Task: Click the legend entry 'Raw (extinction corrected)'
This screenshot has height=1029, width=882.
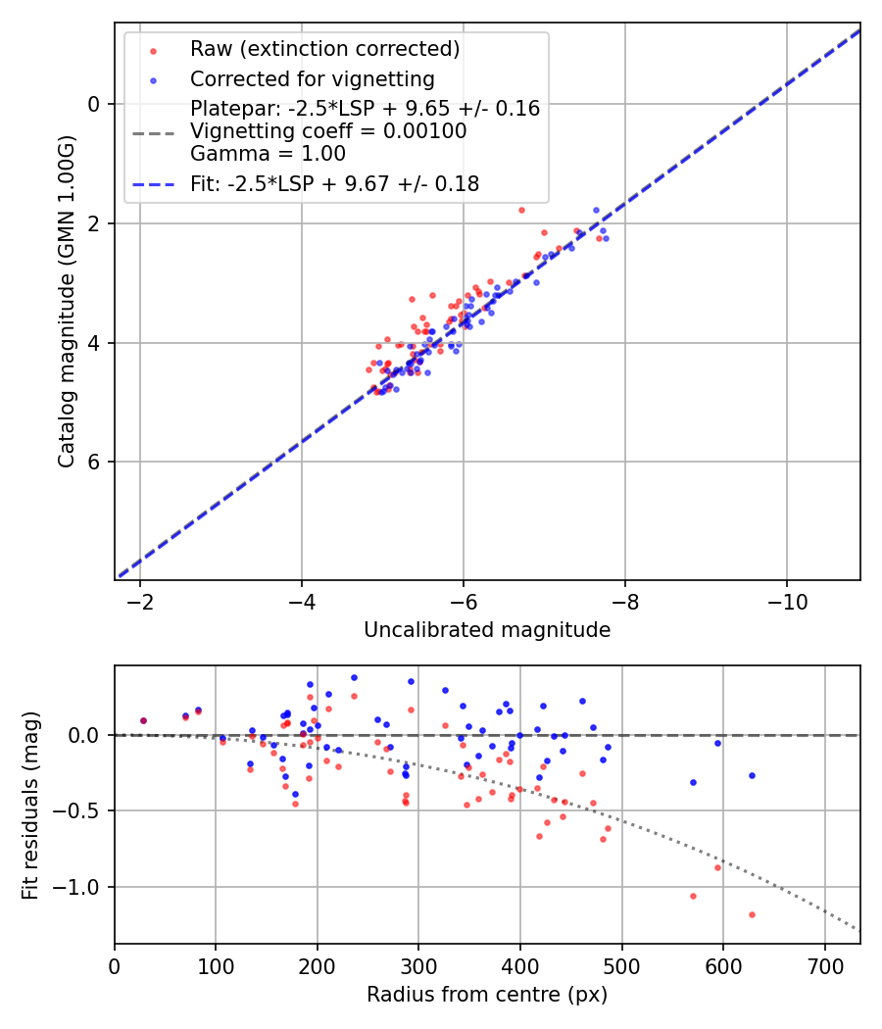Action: coord(324,49)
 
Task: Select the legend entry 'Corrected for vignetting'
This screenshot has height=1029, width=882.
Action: coord(313,79)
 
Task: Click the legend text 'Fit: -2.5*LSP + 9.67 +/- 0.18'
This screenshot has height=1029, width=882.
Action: coord(334,184)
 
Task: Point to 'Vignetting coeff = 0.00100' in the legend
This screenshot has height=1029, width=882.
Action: coord(328,131)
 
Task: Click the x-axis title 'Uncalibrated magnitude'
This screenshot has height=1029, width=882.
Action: coord(487,630)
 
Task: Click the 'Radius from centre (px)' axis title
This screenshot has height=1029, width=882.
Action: coord(487,995)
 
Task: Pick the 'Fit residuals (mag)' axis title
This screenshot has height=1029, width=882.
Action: coord(30,805)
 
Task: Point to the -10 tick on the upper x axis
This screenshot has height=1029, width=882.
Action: coord(787,602)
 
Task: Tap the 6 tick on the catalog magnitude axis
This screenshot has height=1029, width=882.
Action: coord(94,462)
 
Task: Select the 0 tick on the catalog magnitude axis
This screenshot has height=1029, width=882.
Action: coord(94,104)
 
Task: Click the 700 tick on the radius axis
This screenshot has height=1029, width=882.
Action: coord(824,965)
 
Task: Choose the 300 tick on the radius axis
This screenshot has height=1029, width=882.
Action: coord(418,965)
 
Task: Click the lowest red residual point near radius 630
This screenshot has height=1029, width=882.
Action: coord(752,914)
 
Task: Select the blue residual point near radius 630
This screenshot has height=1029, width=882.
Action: coord(752,775)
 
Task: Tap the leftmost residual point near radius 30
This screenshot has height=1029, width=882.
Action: coord(144,720)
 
